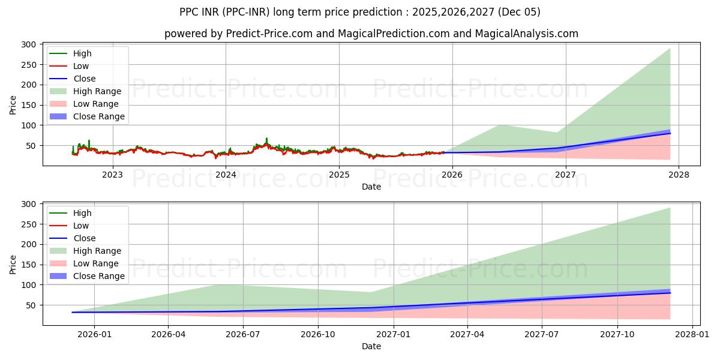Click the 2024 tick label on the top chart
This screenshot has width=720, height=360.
point(226,175)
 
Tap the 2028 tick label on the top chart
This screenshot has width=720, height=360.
point(679,175)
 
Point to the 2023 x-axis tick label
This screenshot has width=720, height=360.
point(112,175)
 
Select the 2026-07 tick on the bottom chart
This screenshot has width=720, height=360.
point(243,334)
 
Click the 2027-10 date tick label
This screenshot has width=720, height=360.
point(617,334)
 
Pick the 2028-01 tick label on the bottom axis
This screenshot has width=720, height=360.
point(692,334)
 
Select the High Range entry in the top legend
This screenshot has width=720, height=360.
point(97,91)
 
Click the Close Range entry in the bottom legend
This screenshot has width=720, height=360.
point(99,276)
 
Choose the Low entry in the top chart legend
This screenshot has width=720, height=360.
point(82,66)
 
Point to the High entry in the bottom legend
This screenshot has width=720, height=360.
point(82,213)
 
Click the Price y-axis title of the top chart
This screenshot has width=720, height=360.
point(13,104)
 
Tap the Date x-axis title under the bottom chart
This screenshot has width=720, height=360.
point(371,346)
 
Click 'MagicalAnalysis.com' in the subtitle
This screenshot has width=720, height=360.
point(527,34)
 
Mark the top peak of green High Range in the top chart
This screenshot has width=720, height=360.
point(670,49)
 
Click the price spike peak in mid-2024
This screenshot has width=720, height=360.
point(266,139)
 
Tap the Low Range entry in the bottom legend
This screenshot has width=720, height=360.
point(96,263)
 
